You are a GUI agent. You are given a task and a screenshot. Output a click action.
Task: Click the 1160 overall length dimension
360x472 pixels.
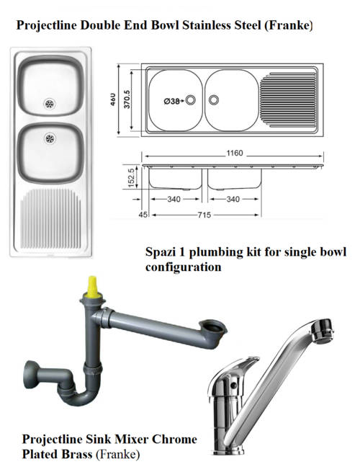[x=234, y=153]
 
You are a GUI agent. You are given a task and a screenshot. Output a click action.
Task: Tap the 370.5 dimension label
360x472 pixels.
[x=127, y=99]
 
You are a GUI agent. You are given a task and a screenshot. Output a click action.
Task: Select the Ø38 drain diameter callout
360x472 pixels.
[x=172, y=101]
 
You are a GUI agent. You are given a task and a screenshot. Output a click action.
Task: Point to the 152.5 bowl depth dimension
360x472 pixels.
[x=132, y=177]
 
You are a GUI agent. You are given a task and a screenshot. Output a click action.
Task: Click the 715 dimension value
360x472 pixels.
[x=204, y=215]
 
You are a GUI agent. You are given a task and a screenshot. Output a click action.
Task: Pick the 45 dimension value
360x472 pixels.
[x=143, y=215]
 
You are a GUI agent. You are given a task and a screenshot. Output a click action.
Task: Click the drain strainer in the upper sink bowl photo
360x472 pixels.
[x=50, y=104]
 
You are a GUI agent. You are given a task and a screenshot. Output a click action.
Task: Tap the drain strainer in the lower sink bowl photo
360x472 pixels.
[x=50, y=139]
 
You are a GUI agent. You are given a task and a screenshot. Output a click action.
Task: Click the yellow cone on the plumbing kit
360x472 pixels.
[x=92, y=287]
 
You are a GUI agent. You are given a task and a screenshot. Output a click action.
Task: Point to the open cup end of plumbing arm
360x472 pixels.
[x=213, y=327]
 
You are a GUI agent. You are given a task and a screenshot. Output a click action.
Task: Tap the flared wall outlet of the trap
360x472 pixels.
[x=30, y=375]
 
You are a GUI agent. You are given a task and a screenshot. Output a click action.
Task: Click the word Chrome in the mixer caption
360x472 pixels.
[x=174, y=439]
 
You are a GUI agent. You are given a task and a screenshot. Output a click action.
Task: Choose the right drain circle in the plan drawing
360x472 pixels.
[x=214, y=99]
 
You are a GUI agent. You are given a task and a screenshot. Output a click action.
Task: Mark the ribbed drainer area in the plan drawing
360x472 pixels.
[x=288, y=100]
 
